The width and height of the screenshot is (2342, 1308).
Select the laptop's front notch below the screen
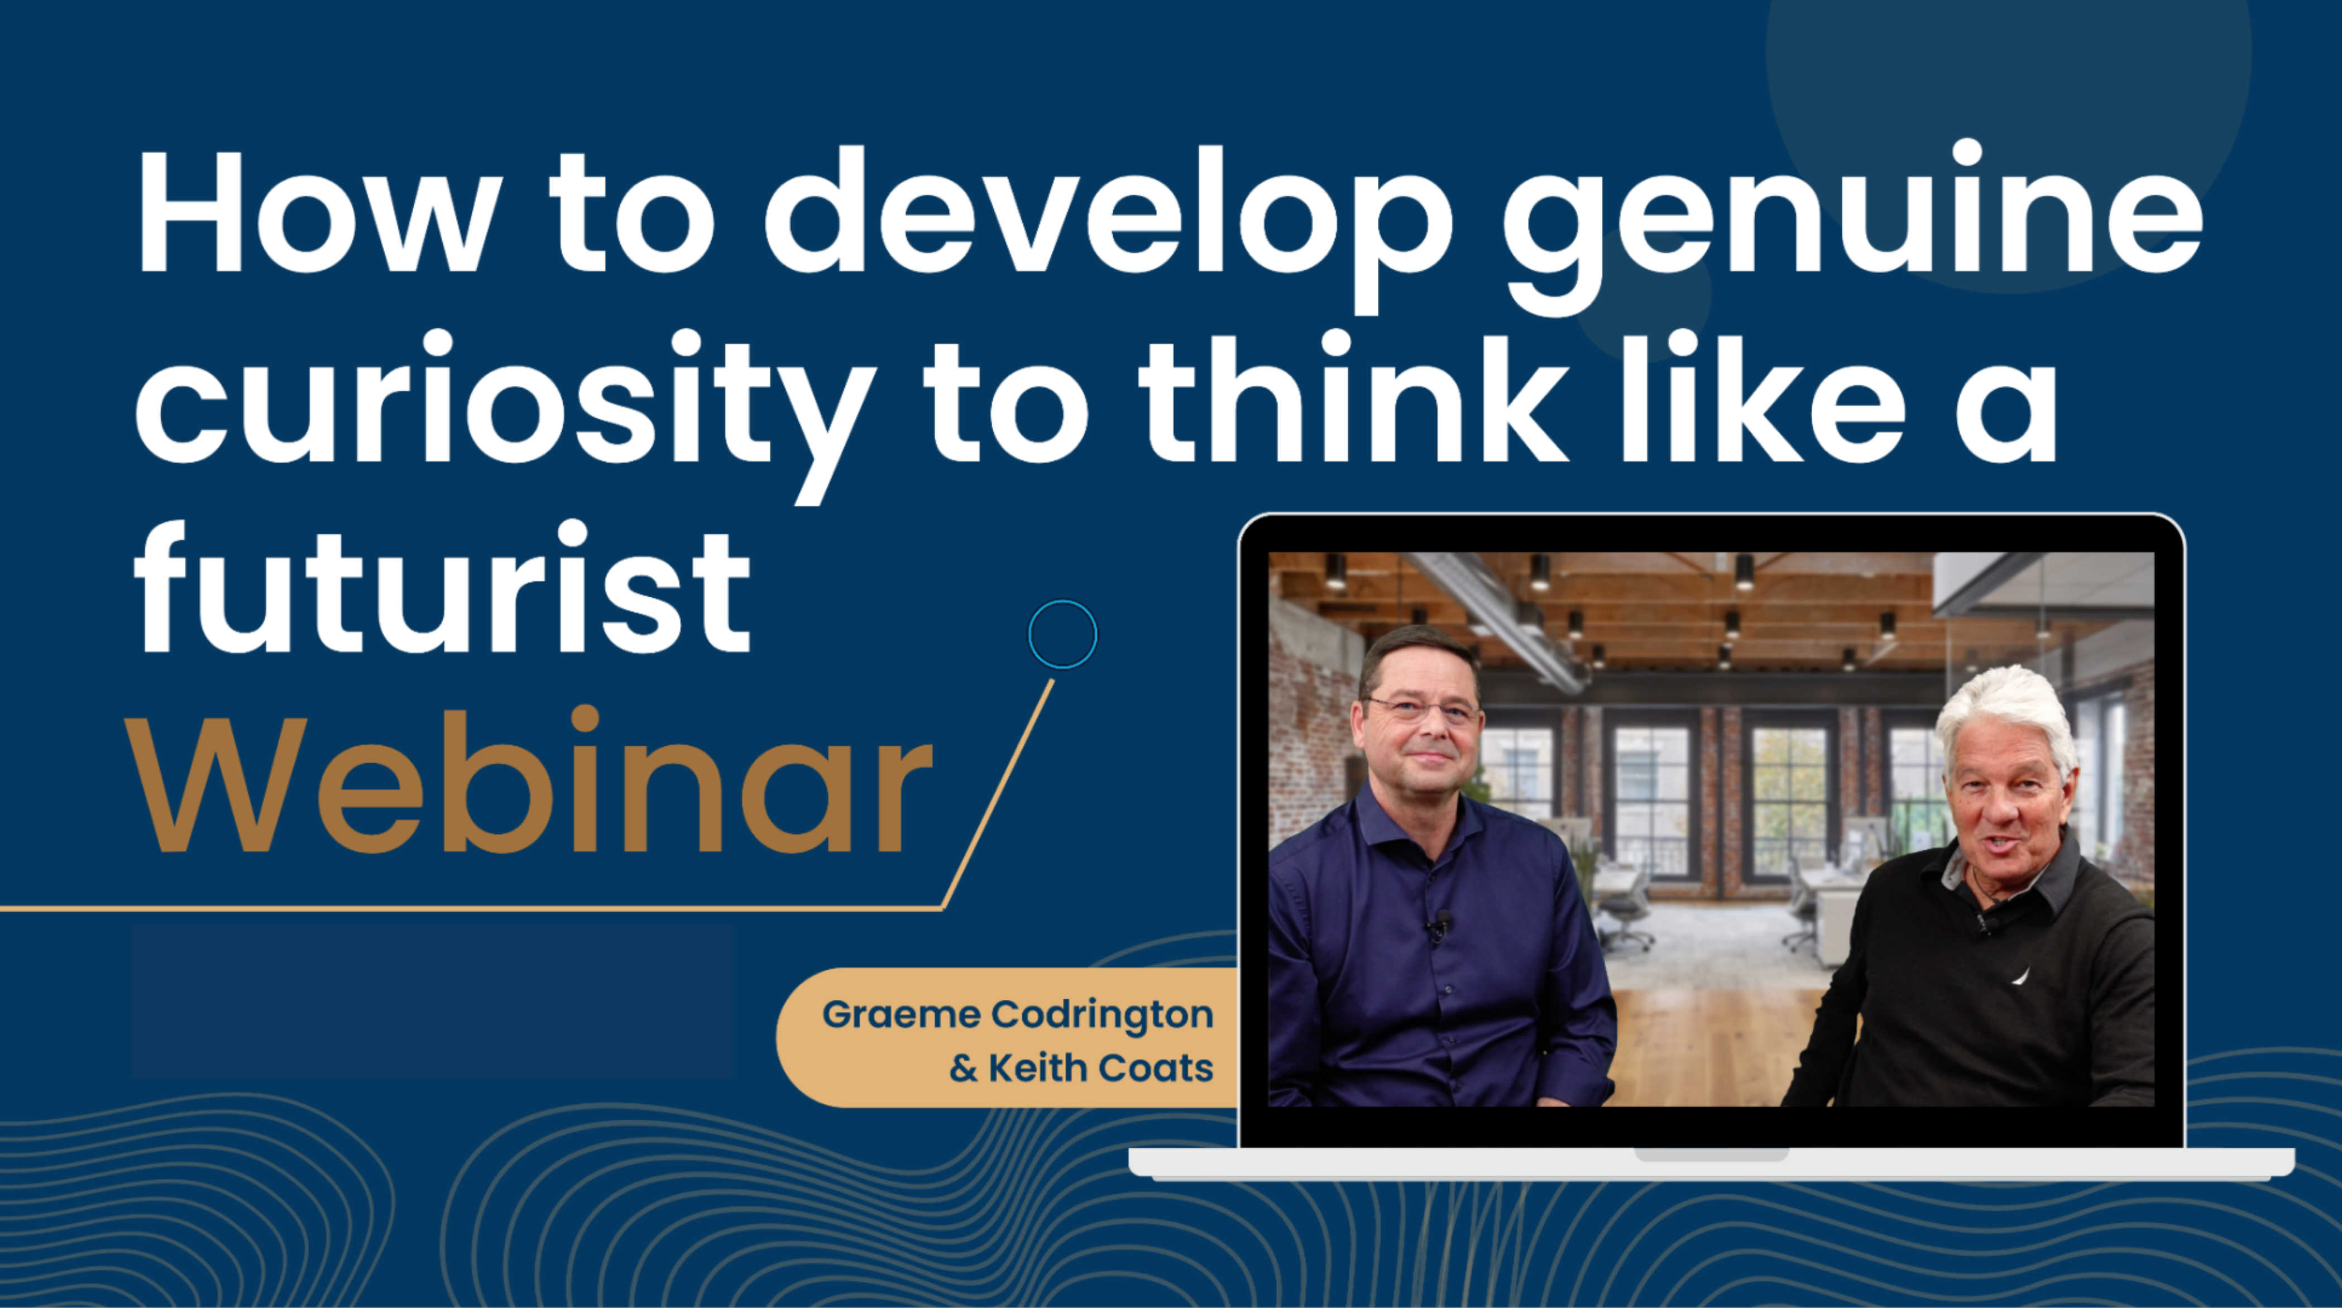coord(1711,1154)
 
